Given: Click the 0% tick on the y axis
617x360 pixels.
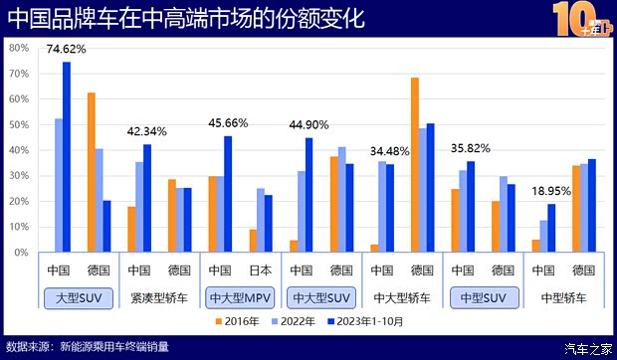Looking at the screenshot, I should point(21,253).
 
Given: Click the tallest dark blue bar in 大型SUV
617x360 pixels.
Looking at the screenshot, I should point(67,157).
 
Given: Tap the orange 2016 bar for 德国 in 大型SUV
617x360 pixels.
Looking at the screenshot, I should point(92,172).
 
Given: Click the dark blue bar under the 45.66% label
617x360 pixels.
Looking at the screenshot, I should point(228,194).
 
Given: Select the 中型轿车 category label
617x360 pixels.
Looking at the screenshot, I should point(562,296).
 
